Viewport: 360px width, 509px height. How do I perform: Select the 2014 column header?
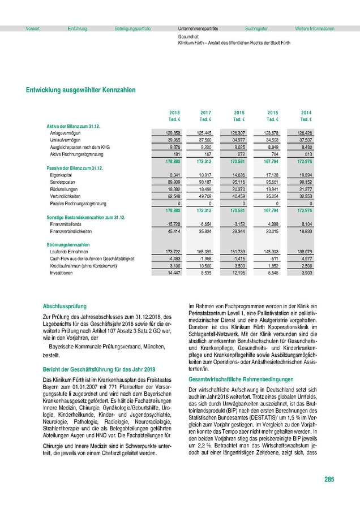click(306, 113)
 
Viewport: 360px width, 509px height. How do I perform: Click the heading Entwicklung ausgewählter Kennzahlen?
click(80, 89)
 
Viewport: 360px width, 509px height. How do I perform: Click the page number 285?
click(329, 480)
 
